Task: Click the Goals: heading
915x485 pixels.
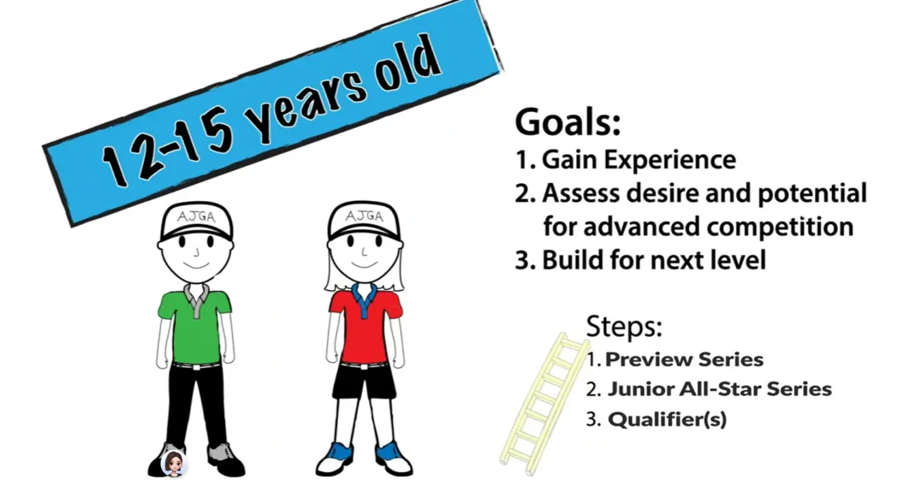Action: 567,122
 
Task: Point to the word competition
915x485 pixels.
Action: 772,226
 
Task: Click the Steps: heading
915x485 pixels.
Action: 624,326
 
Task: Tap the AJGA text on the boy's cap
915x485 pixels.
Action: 196,217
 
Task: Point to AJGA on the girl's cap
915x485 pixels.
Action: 364,216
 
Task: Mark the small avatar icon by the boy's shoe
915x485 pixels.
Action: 174,464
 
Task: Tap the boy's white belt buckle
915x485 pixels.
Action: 195,367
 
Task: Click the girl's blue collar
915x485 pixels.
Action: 364,298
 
